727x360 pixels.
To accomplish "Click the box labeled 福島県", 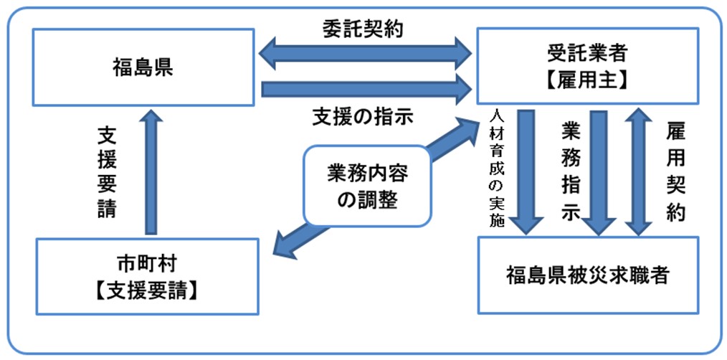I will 143,68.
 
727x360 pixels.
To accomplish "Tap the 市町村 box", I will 146,276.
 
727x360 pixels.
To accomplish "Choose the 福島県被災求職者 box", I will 588,274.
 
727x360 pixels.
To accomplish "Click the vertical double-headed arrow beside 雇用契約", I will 636,172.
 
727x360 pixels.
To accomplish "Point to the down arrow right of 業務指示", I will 599,172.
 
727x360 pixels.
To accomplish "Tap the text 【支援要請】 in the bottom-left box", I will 146,291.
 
